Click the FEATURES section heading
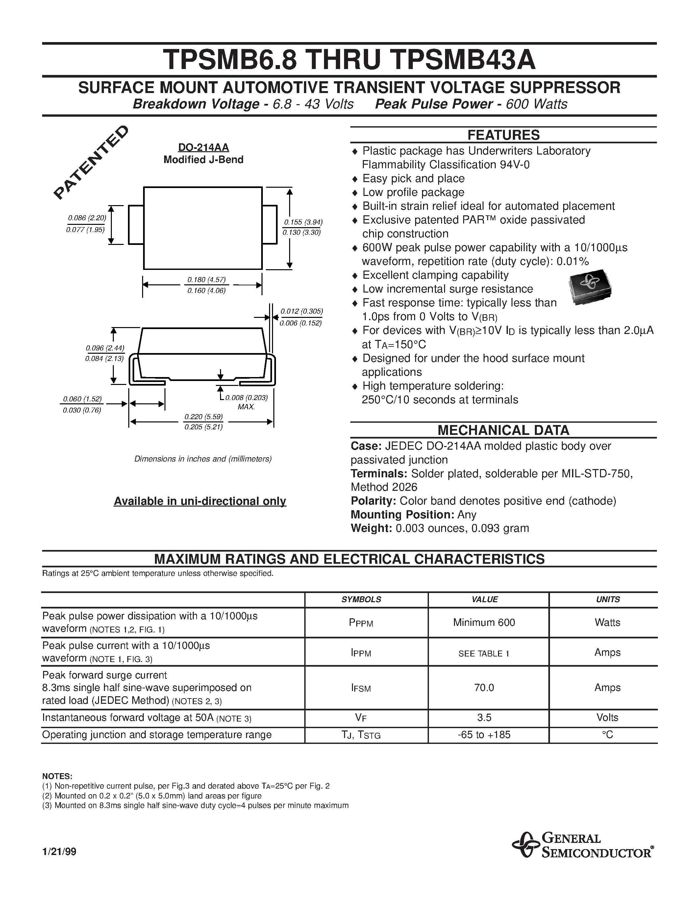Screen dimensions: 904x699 coord(503,135)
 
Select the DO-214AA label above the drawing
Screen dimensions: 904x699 coord(203,147)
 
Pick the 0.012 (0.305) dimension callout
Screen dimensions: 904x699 coord(301,311)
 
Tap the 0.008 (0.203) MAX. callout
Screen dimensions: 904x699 coord(246,398)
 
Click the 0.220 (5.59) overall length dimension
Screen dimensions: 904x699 coord(203,416)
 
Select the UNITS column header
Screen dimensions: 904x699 coord(608,599)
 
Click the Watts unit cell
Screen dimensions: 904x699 coord(607,622)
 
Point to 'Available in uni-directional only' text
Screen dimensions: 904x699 coord(200,501)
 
